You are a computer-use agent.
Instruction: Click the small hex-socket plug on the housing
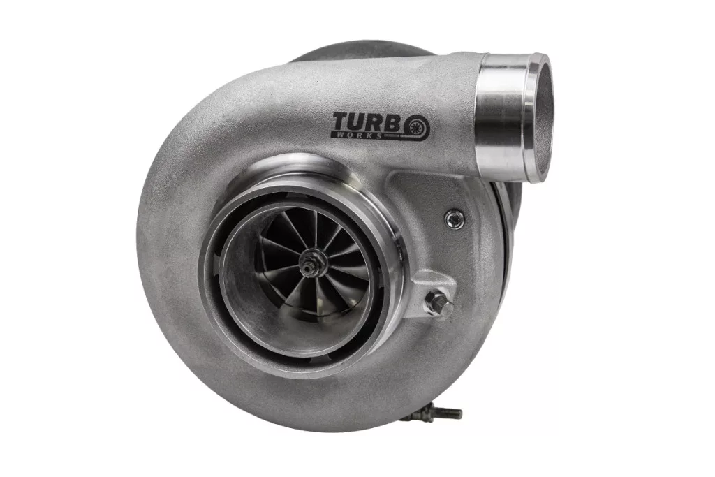pos(455,220)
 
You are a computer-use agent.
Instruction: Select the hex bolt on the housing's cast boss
pos(439,303)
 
